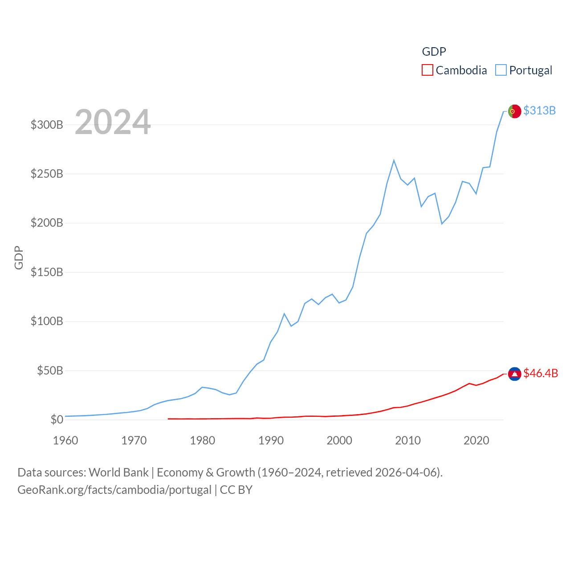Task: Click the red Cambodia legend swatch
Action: pos(427,70)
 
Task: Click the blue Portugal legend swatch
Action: pos(501,70)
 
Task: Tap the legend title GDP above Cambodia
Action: pos(434,52)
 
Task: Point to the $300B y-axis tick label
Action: pos(47,125)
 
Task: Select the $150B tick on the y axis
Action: pos(47,272)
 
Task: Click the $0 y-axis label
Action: pos(57,419)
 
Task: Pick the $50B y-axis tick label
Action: pos(50,370)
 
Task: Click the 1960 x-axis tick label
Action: pos(65,440)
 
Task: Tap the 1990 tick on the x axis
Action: pos(271,440)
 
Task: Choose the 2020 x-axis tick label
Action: pos(476,440)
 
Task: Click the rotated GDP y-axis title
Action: pos(19,257)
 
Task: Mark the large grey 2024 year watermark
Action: pos(113,122)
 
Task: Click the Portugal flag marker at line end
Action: pos(514,111)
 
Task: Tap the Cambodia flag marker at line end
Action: pos(514,374)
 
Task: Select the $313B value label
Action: pos(539,110)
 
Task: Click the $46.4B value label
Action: pos(541,373)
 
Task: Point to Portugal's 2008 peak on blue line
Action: pos(394,160)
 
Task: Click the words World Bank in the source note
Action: pos(118,472)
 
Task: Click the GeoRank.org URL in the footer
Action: pos(114,490)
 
